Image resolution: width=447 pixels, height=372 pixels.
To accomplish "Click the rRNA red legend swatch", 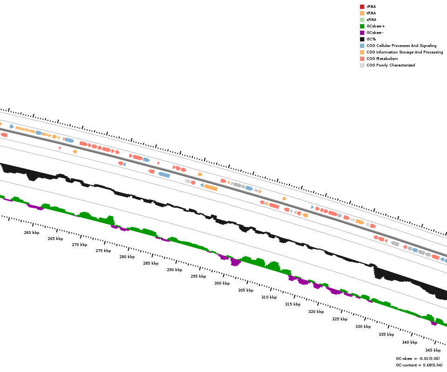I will [x=362, y=7].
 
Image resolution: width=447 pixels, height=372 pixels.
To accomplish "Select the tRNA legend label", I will [x=371, y=13].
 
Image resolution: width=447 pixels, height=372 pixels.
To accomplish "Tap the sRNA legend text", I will [x=371, y=20].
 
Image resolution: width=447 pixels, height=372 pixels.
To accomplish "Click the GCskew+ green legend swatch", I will [x=362, y=26].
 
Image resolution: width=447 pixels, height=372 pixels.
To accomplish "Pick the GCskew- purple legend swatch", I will [x=362, y=33].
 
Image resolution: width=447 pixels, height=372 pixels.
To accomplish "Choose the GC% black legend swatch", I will [x=362, y=39].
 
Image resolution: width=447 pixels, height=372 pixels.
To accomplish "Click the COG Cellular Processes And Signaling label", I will [x=401, y=46].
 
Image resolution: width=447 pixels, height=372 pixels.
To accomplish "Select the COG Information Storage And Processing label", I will [x=405, y=52].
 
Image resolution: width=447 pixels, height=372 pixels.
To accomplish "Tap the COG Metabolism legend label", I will [x=382, y=59].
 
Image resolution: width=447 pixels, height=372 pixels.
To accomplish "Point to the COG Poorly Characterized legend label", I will [x=391, y=65].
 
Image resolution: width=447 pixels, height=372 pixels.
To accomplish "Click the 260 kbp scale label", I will [x=32, y=232].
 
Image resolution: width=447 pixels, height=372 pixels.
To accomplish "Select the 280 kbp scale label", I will [x=127, y=257].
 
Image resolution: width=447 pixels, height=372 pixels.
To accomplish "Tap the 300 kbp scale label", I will [x=222, y=283].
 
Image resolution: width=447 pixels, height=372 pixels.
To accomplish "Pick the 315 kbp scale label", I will [x=293, y=304].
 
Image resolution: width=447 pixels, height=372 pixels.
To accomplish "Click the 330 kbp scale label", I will [x=363, y=326].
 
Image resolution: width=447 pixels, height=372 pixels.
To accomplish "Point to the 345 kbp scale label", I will [x=433, y=350].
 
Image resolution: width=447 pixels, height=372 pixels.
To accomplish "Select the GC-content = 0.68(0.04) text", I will [x=419, y=365].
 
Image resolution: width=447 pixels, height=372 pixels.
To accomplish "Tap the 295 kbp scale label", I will [x=198, y=276].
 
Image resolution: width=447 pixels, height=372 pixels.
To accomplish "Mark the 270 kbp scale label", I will [x=80, y=245].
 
